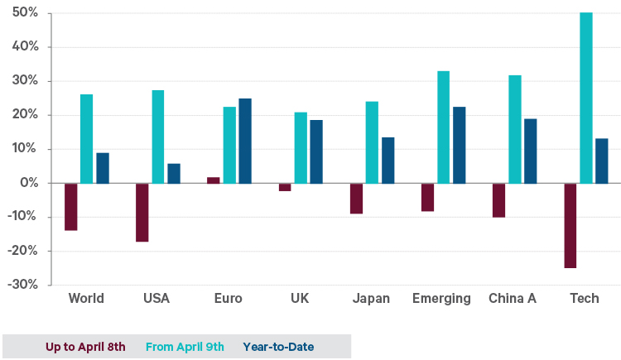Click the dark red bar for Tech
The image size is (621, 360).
(x=571, y=225)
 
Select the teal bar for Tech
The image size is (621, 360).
(x=586, y=98)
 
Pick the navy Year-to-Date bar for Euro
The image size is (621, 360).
(x=245, y=141)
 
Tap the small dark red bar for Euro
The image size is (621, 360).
(x=214, y=180)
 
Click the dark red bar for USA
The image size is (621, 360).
(x=142, y=212)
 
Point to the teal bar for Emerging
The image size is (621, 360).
(x=443, y=127)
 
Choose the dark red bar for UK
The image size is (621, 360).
(x=285, y=187)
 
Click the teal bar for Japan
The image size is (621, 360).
(x=372, y=142)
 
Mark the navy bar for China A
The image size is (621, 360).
(x=530, y=151)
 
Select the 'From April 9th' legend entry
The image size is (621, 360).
(x=184, y=347)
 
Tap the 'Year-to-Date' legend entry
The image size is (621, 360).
(x=278, y=347)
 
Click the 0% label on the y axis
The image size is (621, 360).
(x=29, y=183)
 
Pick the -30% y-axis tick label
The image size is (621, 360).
(x=23, y=285)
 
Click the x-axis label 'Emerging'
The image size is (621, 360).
(x=441, y=299)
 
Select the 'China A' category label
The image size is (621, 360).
(x=513, y=299)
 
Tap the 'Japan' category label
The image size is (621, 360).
(x=371, y=299)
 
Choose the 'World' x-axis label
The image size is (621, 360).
(x=86, y=299)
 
